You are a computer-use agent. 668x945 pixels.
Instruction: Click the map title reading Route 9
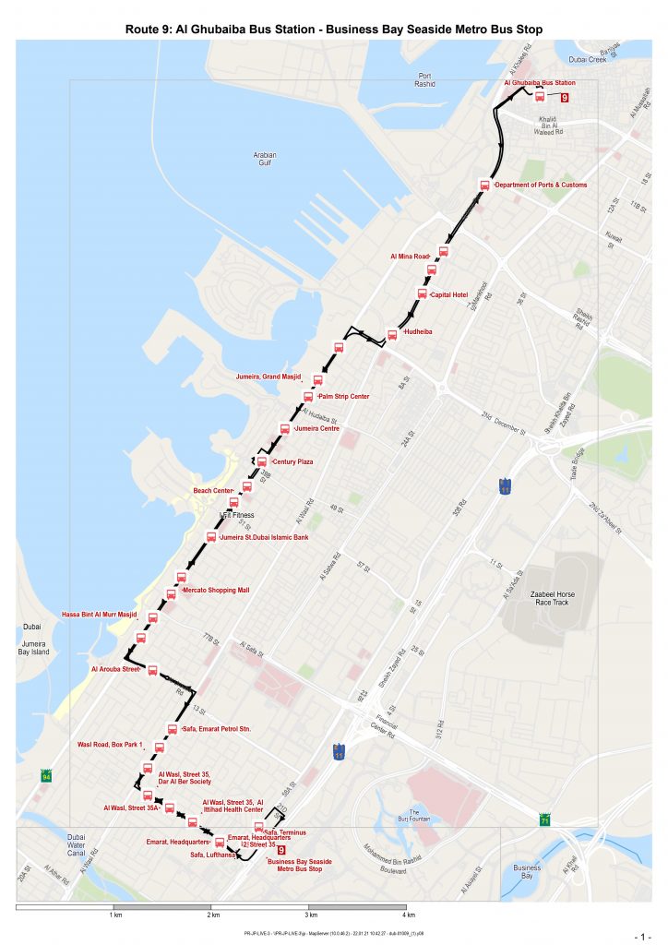tap(333, 30)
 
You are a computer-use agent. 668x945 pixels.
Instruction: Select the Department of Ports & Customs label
tap(542, 185)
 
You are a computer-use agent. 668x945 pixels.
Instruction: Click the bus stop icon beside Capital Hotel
tap(423, 294)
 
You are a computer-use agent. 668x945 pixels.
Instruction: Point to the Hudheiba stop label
tap(418, 330)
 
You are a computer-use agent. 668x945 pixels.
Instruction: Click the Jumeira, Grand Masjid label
tap(274, 377)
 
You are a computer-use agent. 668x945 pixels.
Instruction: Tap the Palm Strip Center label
tap(343, 397)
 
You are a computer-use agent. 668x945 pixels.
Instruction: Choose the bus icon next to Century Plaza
tap(262, 461)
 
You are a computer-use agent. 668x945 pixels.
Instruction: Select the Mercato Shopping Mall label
tap(216, 590)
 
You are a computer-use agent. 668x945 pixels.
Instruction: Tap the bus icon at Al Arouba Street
tap(153, 671)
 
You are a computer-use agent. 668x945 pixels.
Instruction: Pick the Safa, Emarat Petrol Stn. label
tap(218, 729)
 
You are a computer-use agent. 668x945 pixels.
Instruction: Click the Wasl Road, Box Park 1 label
tap(110, 744)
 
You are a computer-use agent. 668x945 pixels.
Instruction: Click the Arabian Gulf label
tap(265, 160)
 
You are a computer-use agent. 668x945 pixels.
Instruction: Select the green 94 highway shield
tap(46, 776)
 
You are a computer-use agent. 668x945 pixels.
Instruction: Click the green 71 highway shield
tap(546, 819)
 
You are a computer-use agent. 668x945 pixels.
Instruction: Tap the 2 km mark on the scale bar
tap(213, 915)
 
